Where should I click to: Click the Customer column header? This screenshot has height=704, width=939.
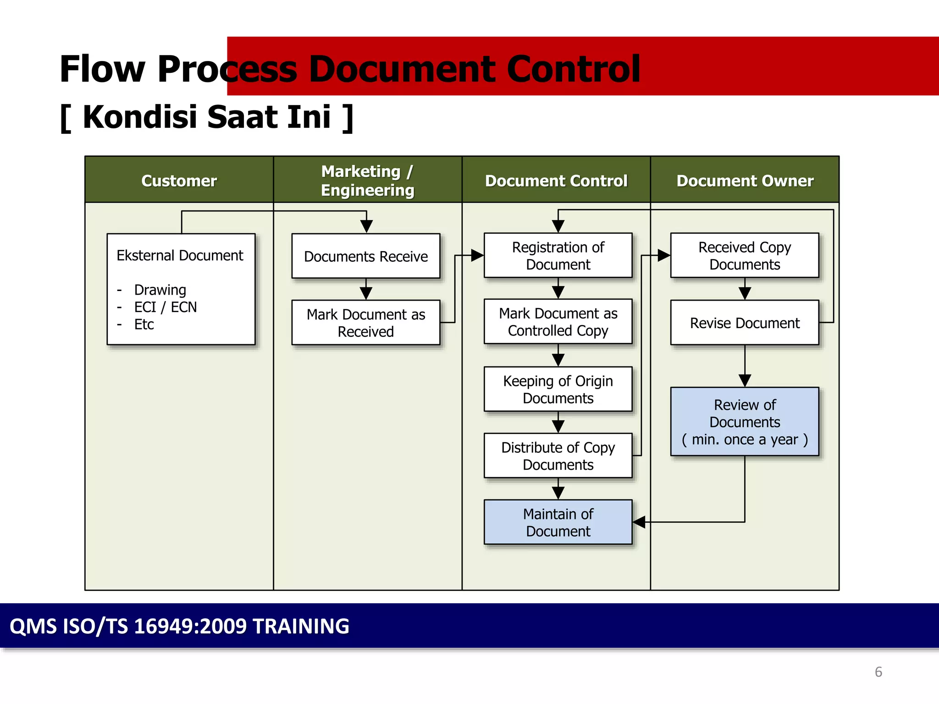179,181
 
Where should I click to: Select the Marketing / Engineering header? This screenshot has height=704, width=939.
367,180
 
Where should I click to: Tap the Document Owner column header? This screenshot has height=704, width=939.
745,181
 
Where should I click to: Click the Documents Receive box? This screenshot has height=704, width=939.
365,256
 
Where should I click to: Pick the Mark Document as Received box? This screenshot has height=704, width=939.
365,323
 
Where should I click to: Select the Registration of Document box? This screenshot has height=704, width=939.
558,256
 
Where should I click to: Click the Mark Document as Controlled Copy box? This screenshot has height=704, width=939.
558,322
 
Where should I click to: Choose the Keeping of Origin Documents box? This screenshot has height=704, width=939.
558,389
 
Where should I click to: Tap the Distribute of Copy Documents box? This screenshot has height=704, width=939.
558,456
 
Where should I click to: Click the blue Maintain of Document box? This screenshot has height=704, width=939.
558,522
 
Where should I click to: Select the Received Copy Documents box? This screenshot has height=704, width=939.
744,256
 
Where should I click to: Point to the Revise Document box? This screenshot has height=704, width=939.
744,323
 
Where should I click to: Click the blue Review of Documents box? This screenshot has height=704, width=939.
744,422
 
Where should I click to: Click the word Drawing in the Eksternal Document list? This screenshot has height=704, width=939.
160,290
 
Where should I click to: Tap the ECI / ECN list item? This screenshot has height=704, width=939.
165,307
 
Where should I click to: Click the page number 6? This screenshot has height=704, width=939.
878,672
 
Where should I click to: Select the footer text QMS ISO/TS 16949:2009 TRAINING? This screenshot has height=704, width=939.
179,626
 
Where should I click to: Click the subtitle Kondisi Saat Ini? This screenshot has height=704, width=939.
207,117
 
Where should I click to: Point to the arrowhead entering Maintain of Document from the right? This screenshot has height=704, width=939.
639,522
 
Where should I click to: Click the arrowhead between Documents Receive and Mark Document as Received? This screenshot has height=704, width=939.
366,293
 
